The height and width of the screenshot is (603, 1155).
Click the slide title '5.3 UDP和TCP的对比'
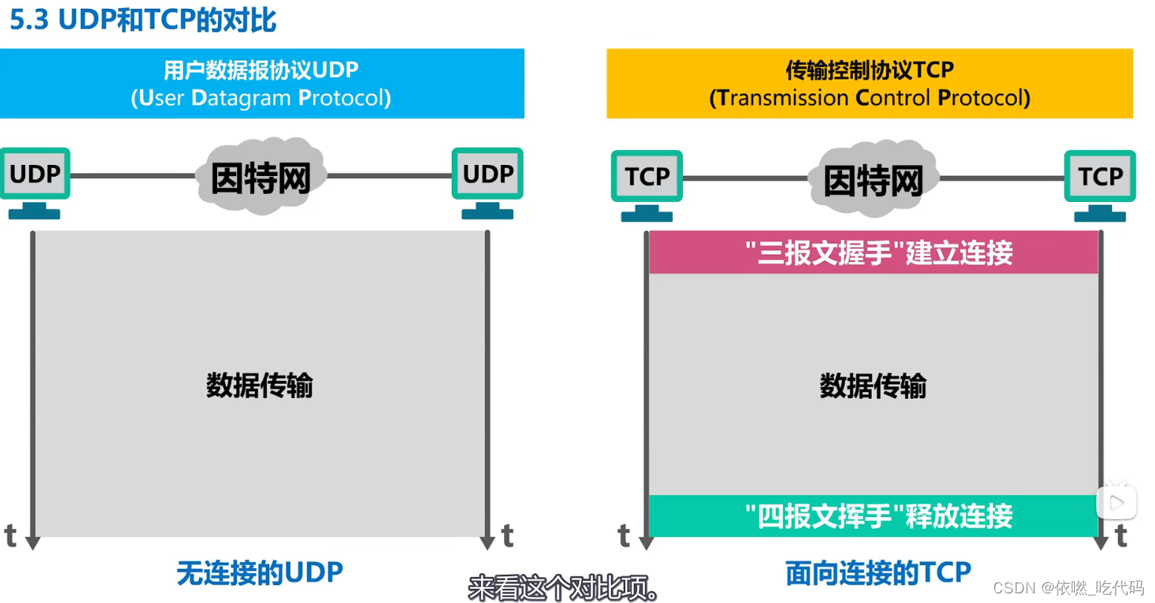143,20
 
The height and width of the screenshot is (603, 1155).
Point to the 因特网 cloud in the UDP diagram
261,177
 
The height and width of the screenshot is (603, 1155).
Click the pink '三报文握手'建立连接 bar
874,253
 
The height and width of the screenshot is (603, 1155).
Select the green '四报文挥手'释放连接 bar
874,516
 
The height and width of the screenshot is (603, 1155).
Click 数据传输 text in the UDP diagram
259,385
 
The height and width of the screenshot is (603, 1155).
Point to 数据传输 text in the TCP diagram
873,386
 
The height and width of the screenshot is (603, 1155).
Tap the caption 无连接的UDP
259,573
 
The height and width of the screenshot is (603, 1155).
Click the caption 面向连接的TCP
878,573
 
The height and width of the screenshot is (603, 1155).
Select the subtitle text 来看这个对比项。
563,588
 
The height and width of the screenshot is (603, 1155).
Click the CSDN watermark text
1067,588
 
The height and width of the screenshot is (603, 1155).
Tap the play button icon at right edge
1116,503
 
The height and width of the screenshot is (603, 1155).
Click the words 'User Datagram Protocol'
261,98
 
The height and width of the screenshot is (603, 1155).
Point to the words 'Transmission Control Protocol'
870,98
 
